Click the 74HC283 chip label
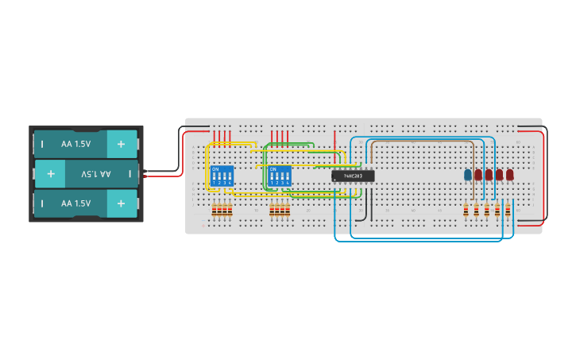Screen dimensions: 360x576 click(x=353, y=176)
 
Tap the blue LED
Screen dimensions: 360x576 click(x=468, y=175)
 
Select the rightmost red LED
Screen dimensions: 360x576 click(x=509, y=175)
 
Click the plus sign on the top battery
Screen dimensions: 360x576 click(x=121, y=144)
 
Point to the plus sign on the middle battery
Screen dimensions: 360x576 click(x=50, y=173)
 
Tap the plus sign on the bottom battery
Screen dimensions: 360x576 click(x=121, y=203)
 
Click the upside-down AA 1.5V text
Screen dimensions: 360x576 click(x=95, y=173)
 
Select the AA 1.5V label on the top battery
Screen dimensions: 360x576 click(x=76, y=144)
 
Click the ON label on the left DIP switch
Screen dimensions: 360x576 click(x=215, y=168)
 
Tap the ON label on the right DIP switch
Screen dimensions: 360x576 click(x=272, y=168)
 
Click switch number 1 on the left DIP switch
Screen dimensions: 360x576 click(x=214, y=178)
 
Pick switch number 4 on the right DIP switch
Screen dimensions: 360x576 click(x=288, y=178)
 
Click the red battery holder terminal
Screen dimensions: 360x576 click(x=145, y=176)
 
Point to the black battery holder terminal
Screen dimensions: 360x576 click(x=145, y=169)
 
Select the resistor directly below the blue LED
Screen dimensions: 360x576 click(x=466, y=210)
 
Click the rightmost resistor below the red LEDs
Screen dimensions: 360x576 click(x=508, y=210)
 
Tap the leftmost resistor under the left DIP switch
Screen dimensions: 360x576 click(x=214, y=210)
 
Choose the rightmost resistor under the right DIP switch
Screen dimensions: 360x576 click(x=287, y=210)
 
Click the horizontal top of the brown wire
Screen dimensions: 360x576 click(x=421, y=141)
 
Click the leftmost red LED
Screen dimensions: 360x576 click(x=478, y=175)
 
